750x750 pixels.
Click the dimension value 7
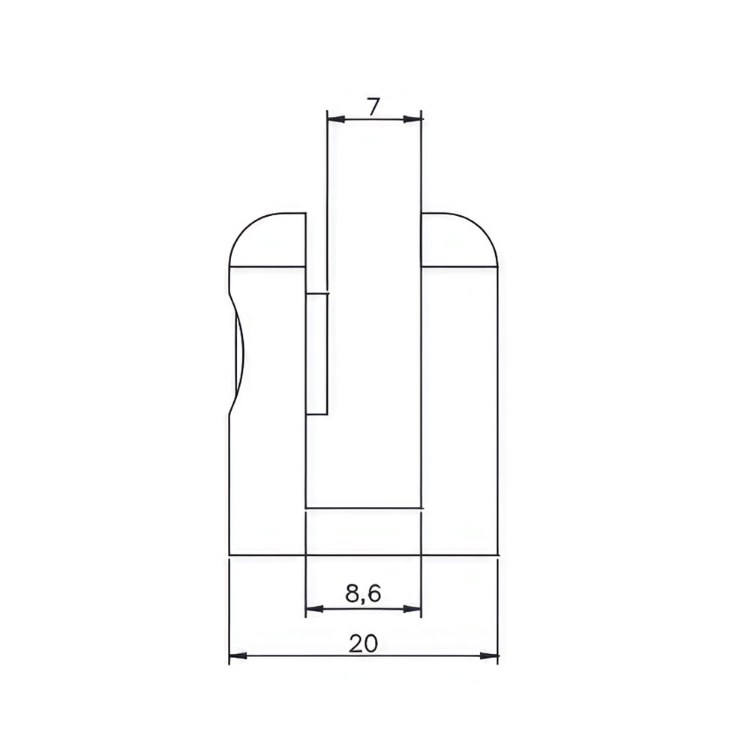tap(373, 106)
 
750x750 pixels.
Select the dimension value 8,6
tap(362, 593)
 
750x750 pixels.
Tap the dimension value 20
tap(364, 643)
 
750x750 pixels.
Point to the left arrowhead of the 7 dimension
tap(336, 119)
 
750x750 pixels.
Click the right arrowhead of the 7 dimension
tap(412, 119)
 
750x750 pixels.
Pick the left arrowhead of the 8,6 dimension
tap(315, 609)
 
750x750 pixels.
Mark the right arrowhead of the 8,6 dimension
tap(412, 609)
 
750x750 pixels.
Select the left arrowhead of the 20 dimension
tap(238, 655)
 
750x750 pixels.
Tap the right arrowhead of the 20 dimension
tap(489, 655)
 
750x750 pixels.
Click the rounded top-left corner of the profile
tap(245, 227)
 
